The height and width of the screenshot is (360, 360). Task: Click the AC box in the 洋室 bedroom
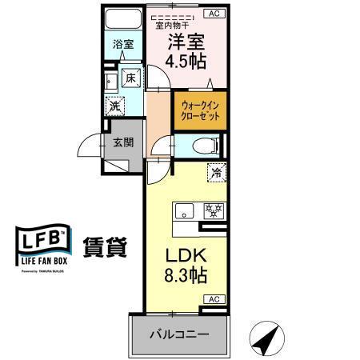(214, 13)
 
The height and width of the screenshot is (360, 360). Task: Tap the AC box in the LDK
(214, 299)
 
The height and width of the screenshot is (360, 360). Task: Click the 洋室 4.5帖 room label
(186, 50)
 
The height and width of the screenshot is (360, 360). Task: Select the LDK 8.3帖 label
(186, 266)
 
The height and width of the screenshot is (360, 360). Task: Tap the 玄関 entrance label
(122, 144)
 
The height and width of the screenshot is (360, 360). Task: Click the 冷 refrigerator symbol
(215, 171)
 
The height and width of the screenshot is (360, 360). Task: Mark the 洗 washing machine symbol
(116, 104)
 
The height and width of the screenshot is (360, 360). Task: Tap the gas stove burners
(212, 211)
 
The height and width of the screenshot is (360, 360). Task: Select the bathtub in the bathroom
(123, 20)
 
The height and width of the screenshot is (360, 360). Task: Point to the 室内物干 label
(170, 25)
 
